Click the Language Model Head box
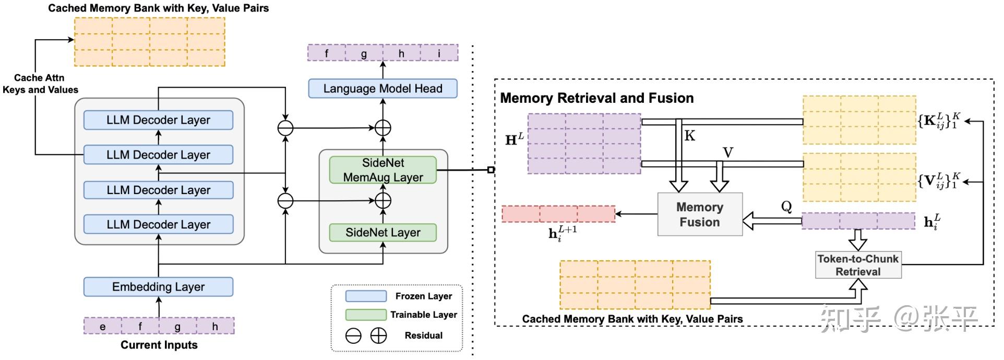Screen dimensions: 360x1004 pos(383,89)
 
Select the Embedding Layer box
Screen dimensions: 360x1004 pos(158,287)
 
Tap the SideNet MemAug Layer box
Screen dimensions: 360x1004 pos(383,170)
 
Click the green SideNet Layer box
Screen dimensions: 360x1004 pos(383,233)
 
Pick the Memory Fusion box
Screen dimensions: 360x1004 pos(700,214)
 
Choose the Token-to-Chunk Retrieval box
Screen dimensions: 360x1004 pos(858,265)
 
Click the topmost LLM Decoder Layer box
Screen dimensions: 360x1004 pos(158,120)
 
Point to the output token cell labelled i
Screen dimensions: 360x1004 pos(439,53)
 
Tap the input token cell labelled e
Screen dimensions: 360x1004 pos(103,327)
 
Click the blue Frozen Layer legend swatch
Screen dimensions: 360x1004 pos(366,296)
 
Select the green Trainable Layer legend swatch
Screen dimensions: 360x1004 pos(366,315)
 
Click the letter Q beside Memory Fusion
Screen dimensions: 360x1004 pos(786,207)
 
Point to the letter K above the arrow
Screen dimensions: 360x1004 pos(690,136)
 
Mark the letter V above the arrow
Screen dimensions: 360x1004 pos(728,153)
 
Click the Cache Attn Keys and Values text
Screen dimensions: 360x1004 pos(40,84)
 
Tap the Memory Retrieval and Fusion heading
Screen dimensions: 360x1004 pos(597,98)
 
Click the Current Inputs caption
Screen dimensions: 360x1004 pos(159,345)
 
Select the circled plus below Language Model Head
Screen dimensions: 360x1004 pos(383,128)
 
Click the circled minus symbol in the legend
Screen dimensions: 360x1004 pos(353,336)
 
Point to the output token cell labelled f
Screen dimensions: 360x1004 pos(327,53)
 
